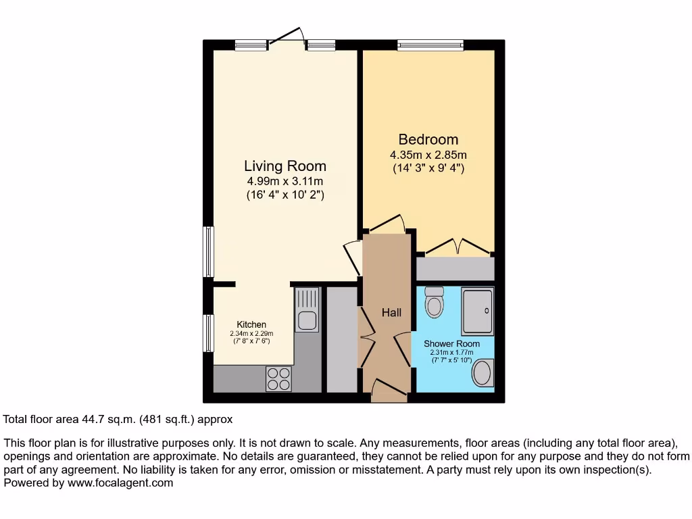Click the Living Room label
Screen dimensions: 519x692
point(285,166)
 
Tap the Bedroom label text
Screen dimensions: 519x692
point(428,139)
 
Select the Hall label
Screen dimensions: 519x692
point(391,312)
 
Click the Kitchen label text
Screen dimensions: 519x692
point(251,324)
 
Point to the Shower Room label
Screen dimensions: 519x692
point(452,343)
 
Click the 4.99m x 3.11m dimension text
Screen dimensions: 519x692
point(285,181)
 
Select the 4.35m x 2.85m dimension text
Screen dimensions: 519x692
point(428,155)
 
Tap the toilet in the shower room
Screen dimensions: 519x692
point(433,302)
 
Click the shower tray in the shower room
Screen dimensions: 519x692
point(478,310)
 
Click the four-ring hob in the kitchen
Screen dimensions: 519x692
point(278,378)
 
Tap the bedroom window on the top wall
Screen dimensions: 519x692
point(430,46)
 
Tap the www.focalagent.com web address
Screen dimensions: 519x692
point(119,483)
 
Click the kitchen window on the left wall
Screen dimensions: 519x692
point(209,333)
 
